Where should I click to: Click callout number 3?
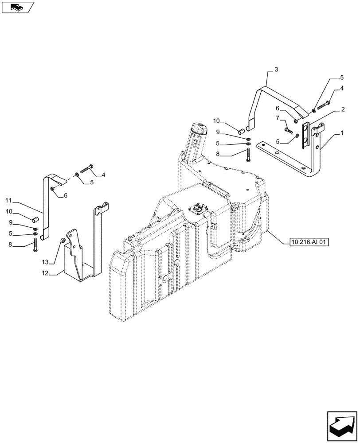point(276,70)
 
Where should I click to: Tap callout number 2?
point(343,109)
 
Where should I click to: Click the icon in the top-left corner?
point(17,7)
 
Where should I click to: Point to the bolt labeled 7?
point(289,130)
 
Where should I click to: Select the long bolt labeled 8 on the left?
point(35,245)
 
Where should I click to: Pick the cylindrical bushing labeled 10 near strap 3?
point(241,131)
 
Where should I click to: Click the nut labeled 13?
point(63,241)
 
